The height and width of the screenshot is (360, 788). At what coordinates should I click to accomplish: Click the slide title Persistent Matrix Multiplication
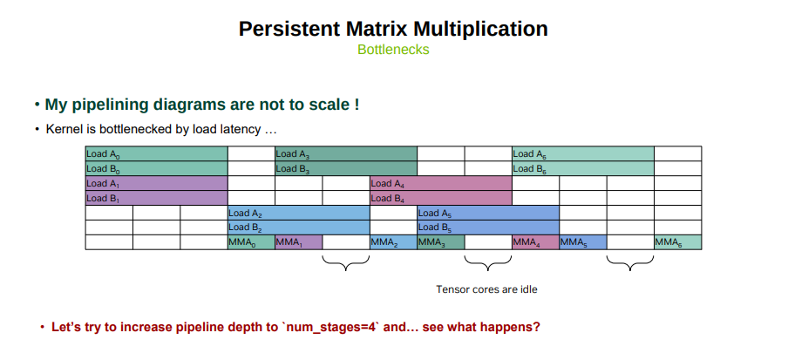point(393,29)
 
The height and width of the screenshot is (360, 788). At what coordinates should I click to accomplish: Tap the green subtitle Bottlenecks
point(393,50)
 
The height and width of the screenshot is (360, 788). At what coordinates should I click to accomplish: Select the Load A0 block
point(156,153)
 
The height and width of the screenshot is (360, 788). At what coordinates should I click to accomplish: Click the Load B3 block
point(346,168)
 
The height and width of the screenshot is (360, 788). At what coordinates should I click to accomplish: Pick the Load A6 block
point(583,153)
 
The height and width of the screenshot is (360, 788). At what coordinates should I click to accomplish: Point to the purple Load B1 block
point(156,198)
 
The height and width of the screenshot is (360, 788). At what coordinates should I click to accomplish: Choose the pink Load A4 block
point(441,183)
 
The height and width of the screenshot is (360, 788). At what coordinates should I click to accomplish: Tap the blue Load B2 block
point(298,228)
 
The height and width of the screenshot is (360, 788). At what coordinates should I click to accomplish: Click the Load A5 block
point(488,213)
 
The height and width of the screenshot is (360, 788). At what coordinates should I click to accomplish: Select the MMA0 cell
point(251,242)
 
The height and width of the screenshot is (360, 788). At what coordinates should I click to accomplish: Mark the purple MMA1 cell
point(298,242)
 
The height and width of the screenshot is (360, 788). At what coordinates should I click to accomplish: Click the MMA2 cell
point(393,242)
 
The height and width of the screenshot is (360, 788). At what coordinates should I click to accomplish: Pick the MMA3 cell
point(441,242)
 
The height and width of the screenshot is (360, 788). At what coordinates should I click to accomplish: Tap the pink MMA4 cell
point(536,242)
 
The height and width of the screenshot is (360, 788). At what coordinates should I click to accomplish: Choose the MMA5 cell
point(583,242)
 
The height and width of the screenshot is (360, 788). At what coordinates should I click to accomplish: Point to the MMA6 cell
point(678,242)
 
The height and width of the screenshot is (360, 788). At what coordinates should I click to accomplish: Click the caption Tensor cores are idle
point(486,289)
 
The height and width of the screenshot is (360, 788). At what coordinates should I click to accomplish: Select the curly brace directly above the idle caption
point(488,263)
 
